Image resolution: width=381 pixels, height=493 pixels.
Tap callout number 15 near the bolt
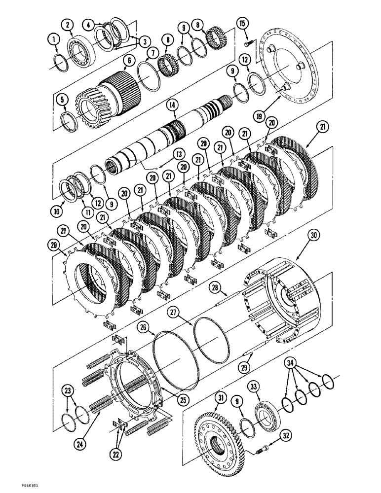[x=241, y=23]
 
